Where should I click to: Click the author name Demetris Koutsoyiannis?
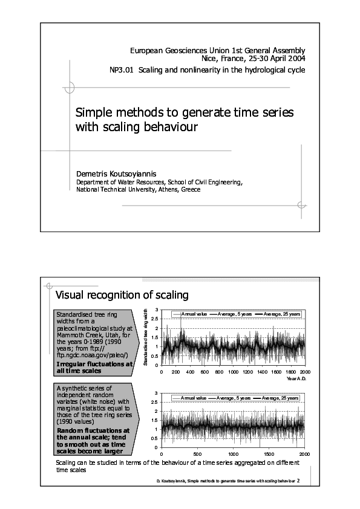pos(117,173)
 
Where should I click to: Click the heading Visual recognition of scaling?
pos(122,295)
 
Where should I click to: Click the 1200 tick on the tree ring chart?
pos(247,371)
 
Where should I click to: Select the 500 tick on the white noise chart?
pos(197,453)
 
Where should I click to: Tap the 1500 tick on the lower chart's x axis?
pos(269,453)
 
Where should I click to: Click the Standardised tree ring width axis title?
pos(146,337)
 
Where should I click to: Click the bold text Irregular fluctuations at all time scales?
pos(94,367)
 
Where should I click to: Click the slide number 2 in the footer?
pos(298,481)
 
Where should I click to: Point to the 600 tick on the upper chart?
pos(205,371)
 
